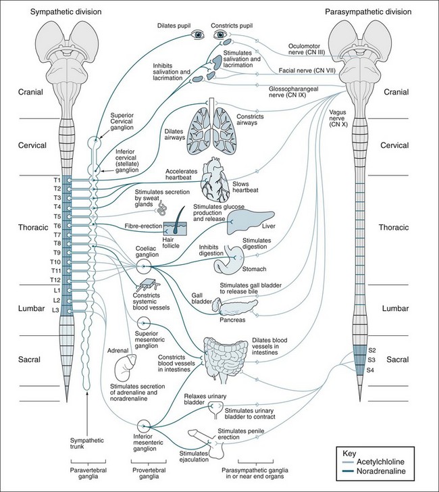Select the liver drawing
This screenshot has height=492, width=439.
pos(242,220)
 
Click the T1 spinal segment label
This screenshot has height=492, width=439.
pos(56,180)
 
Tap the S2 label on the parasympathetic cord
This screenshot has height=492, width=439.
pos(370,351)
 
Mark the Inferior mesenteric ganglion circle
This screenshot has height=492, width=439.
pos(143,426)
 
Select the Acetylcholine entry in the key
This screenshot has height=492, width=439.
pos(389,464)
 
